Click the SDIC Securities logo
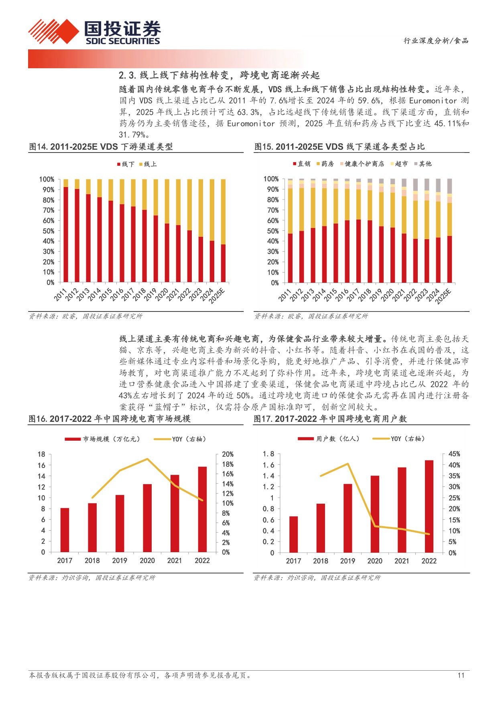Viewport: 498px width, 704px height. coord(94,32)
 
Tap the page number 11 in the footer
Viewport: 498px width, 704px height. coord(461,675)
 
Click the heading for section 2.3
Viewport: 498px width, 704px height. coord(219,75)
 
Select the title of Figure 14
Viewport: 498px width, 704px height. coord(101,147)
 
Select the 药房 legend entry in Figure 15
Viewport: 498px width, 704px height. coord(326,164)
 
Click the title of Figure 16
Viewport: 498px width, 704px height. coord(110,419)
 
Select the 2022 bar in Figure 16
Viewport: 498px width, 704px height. coord(202,509)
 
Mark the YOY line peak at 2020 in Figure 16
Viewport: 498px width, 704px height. coord(147,459)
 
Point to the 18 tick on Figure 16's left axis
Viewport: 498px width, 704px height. coord(41,454)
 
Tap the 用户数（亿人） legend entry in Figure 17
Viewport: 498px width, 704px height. coord(329,439)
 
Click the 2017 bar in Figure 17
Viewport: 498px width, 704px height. coord(293,534)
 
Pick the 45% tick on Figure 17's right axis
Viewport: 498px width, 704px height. coord(454,454)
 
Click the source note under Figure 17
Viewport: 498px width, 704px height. coord(317,578)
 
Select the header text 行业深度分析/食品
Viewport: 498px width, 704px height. coord(436,41)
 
